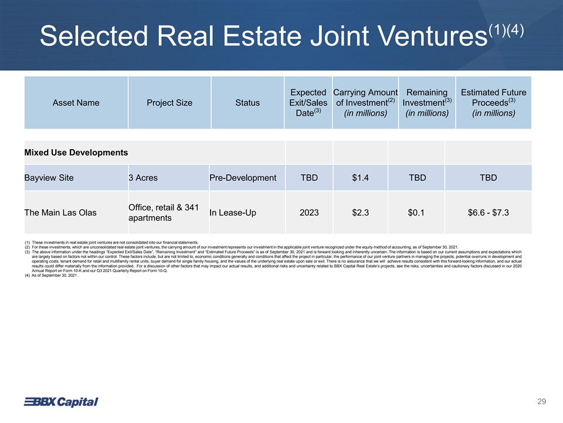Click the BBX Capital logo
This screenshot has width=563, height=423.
(60, 401)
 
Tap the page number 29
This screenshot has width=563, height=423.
(541, 402)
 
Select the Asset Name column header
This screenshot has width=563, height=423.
(76, 103)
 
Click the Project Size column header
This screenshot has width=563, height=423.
(169, 103)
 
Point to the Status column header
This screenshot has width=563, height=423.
(247, 103)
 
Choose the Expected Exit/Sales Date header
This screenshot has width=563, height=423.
(308, 103)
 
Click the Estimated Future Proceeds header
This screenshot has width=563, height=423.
(493, 103)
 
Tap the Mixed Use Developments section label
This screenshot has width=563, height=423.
(76, 153)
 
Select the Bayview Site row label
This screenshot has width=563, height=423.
(49, 177)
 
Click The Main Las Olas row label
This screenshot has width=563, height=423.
(61, 212)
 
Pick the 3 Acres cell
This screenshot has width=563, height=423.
(143, 177)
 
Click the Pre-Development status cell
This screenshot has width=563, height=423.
(243, 177)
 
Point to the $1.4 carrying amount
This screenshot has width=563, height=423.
(360, 177)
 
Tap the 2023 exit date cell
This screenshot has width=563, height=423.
(308, 212)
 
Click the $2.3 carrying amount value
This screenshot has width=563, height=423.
(360, 212)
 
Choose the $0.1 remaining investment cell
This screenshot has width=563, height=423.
(417, 212)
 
